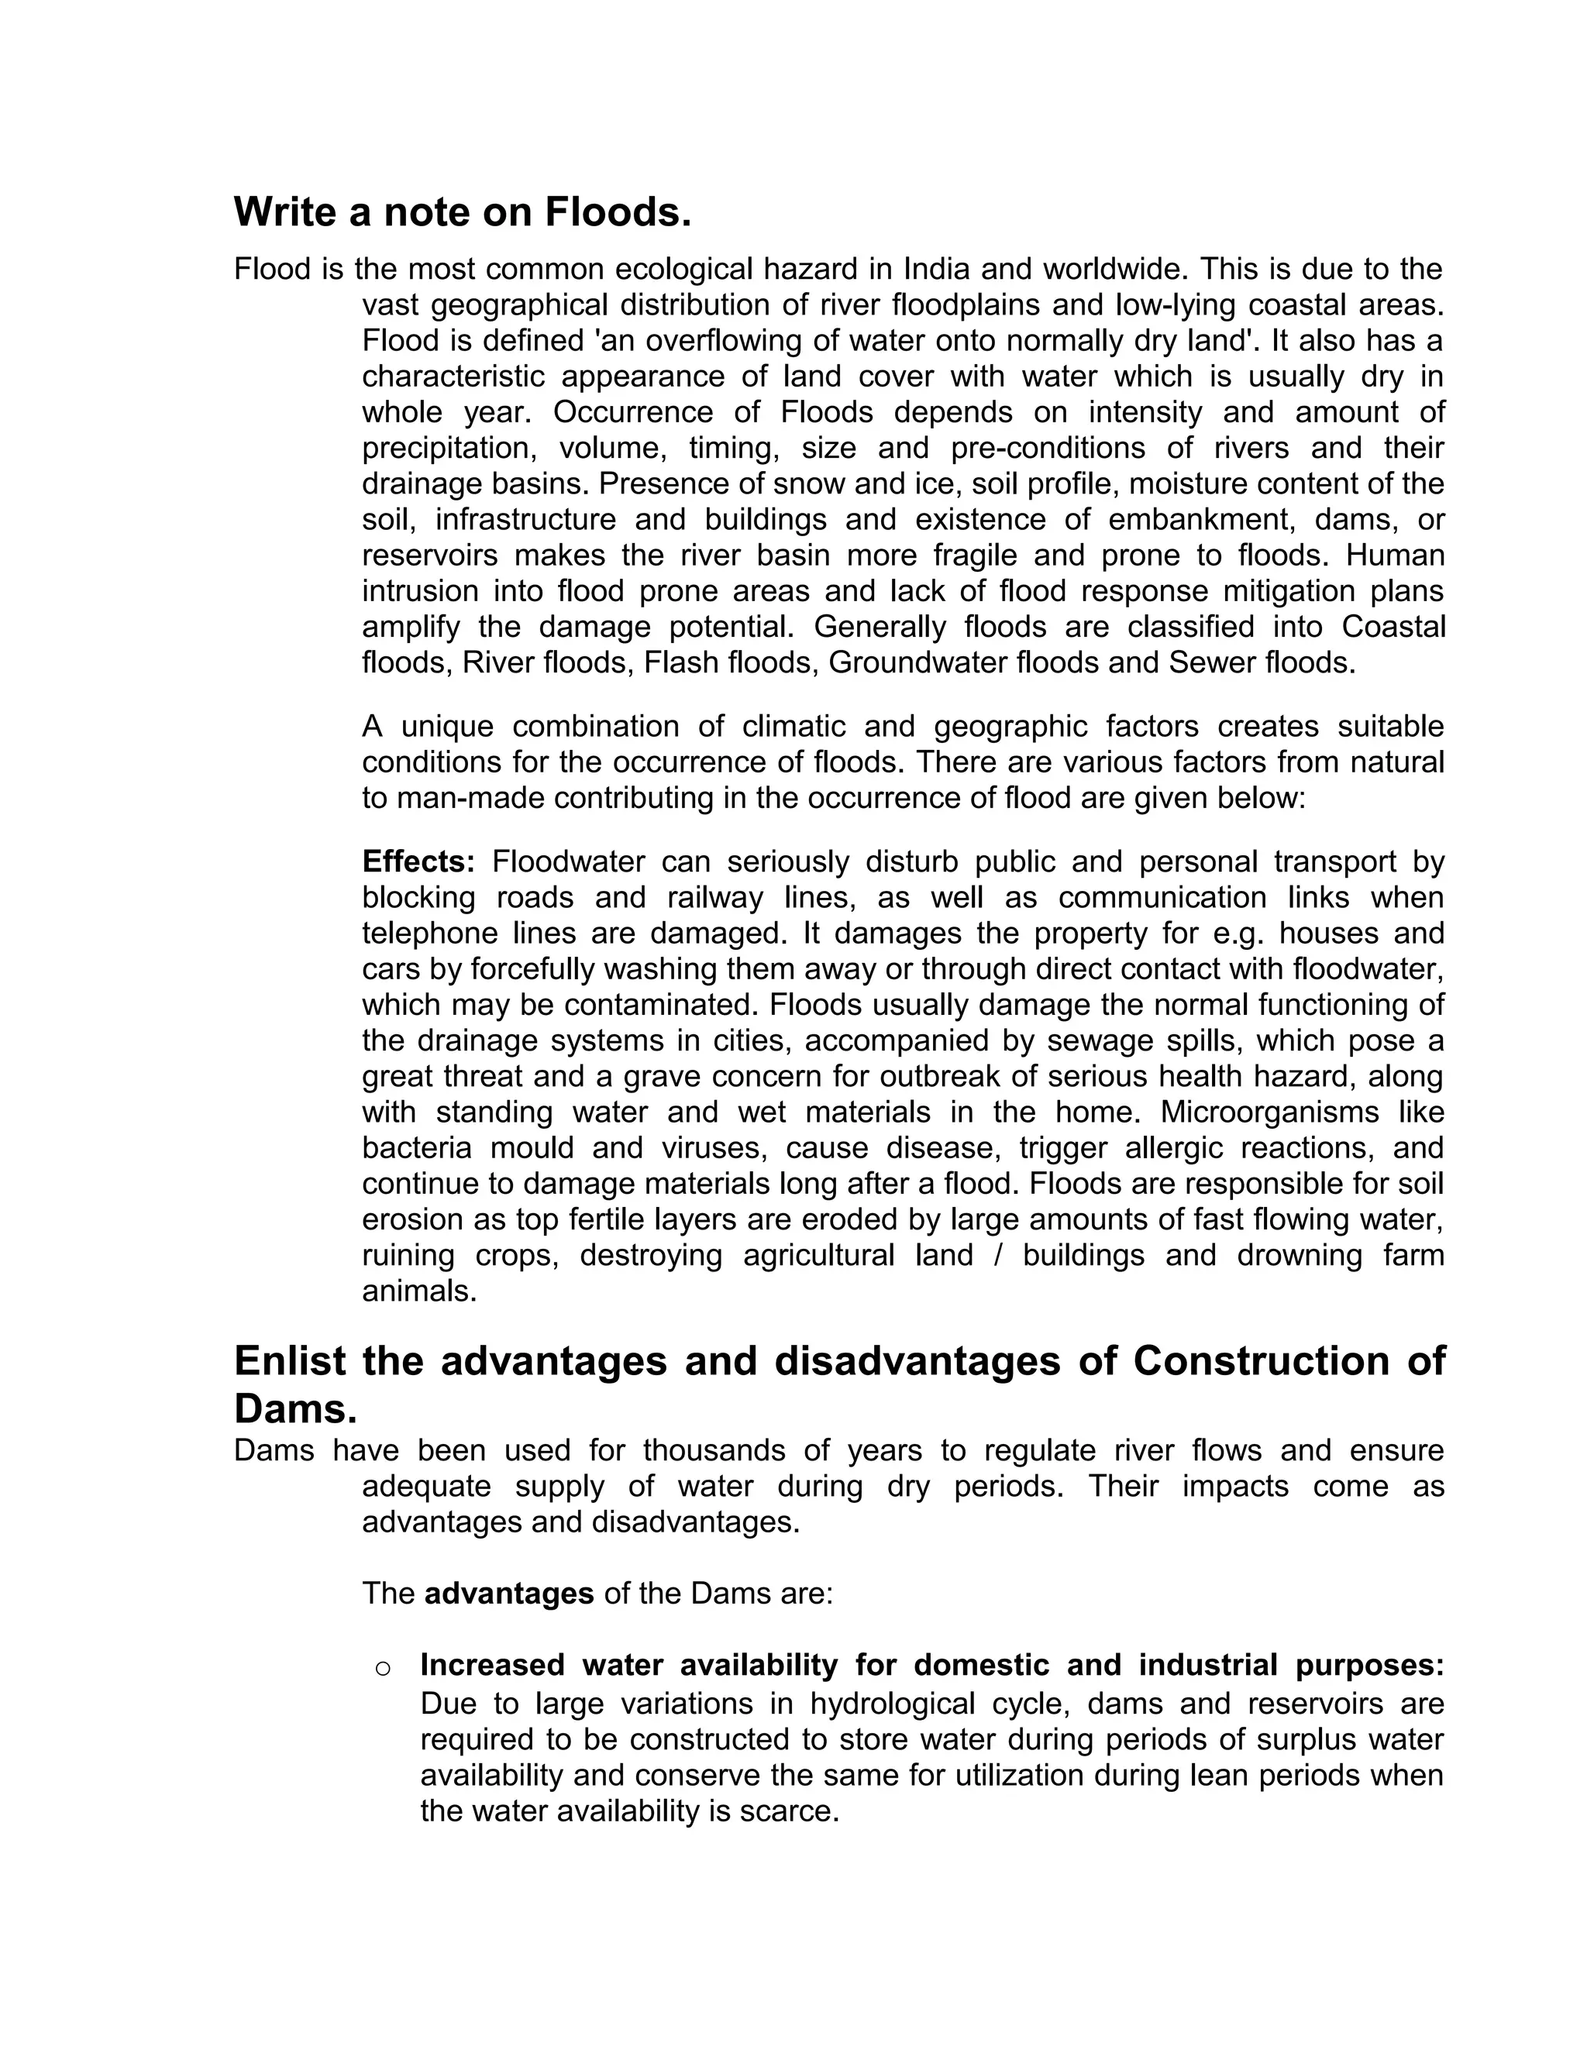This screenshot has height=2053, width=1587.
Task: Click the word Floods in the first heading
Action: coord(618,212)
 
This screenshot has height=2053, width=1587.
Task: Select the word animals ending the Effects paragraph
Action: coord(419,1291)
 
